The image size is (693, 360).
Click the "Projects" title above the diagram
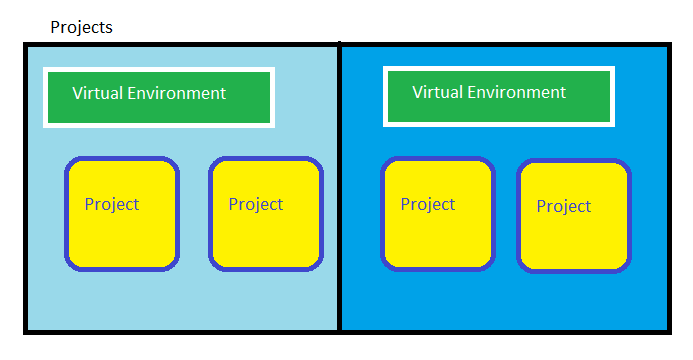click(x=81, y=27)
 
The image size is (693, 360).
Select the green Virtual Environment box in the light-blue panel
click(x=158, y=97)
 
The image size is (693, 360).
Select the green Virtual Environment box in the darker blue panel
click(x=498, y=96)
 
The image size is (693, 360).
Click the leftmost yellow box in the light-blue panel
click(x=122, y=214)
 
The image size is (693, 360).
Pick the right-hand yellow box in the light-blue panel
click(x=266, y=214)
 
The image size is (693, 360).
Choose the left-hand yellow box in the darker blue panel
click(x=438, y=213)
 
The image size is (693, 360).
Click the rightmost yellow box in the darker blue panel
click(x=574, y=215)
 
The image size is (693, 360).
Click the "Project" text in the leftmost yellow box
click(x=112, y=204)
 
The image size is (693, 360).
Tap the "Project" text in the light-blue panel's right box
click(x=256, y=204)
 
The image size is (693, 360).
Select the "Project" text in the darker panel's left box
click(x=428, y=204)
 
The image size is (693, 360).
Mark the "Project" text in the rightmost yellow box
click(x=564, y=206)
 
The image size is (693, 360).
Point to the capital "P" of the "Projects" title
click(x=55, y=27)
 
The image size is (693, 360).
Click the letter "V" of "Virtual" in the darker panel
click(x=418, y=92)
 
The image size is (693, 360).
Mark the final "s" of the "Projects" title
click(x=109, y=28)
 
